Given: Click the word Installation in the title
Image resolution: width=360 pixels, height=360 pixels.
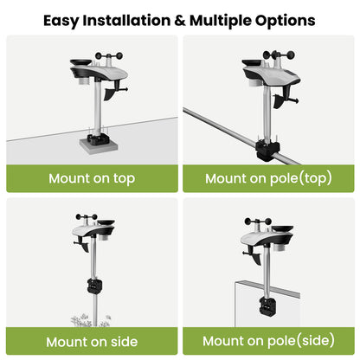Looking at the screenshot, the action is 126,21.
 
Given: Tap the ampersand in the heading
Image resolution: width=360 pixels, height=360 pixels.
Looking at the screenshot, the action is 180,21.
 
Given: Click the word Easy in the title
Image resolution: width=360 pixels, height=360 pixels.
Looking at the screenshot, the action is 61,21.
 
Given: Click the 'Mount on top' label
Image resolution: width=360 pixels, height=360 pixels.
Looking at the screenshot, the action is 92,178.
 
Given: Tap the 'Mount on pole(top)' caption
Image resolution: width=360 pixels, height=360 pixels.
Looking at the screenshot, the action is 268,178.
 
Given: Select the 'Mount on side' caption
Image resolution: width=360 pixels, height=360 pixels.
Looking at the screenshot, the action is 92,342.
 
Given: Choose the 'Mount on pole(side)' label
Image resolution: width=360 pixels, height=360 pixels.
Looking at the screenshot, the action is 268,341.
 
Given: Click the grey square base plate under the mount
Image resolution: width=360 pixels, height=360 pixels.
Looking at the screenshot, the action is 99,145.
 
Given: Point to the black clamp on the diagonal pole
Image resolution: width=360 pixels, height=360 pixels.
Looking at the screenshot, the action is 267,150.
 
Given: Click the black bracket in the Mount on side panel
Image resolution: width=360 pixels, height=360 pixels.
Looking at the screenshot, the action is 94,286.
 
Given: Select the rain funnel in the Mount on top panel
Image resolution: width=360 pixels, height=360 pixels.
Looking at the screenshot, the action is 80,62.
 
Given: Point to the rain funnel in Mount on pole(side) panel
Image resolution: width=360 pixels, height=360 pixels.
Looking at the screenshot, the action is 283,228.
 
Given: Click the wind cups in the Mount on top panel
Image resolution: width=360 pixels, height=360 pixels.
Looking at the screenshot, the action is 109,55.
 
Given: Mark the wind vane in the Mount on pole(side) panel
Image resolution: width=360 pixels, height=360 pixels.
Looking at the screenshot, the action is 253,256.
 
